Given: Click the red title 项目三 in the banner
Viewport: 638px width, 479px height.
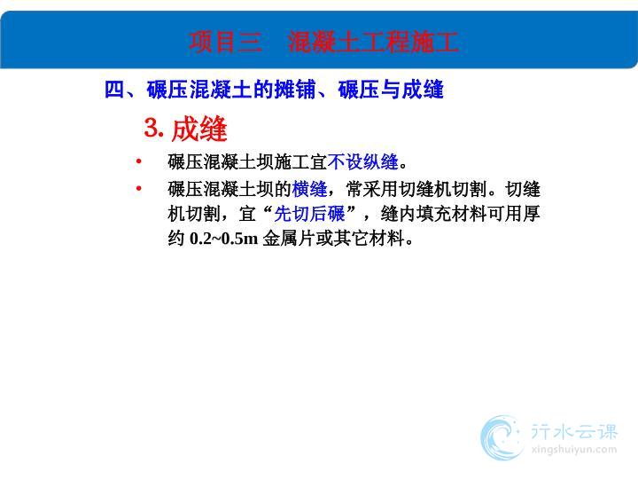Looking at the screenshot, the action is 225,42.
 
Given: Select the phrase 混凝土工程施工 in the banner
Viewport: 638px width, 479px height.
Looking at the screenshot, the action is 373,42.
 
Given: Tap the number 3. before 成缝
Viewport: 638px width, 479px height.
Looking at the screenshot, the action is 154,128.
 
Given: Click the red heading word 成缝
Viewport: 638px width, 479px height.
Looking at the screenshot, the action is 199,129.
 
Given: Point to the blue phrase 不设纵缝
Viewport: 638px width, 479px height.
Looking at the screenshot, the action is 363,161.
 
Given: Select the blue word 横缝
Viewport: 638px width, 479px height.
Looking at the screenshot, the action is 309,190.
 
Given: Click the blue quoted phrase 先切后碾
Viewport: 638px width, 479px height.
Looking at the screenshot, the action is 309,214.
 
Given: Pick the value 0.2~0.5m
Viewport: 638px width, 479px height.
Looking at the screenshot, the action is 224,239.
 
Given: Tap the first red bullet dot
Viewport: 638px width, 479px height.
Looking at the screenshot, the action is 139,161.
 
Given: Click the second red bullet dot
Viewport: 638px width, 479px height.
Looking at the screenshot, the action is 139,188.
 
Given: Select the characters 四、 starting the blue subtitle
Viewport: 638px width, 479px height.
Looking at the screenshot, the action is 120,90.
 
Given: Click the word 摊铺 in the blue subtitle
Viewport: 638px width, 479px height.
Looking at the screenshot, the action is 295,90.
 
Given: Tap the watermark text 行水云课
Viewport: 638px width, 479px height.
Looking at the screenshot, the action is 574,432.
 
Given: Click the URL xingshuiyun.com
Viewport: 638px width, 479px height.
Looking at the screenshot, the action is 574,450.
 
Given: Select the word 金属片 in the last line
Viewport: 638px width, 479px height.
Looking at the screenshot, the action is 289,239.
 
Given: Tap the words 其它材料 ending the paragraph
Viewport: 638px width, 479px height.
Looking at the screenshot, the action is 369,239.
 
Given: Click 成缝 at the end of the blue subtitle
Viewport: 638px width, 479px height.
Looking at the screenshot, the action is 423,90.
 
